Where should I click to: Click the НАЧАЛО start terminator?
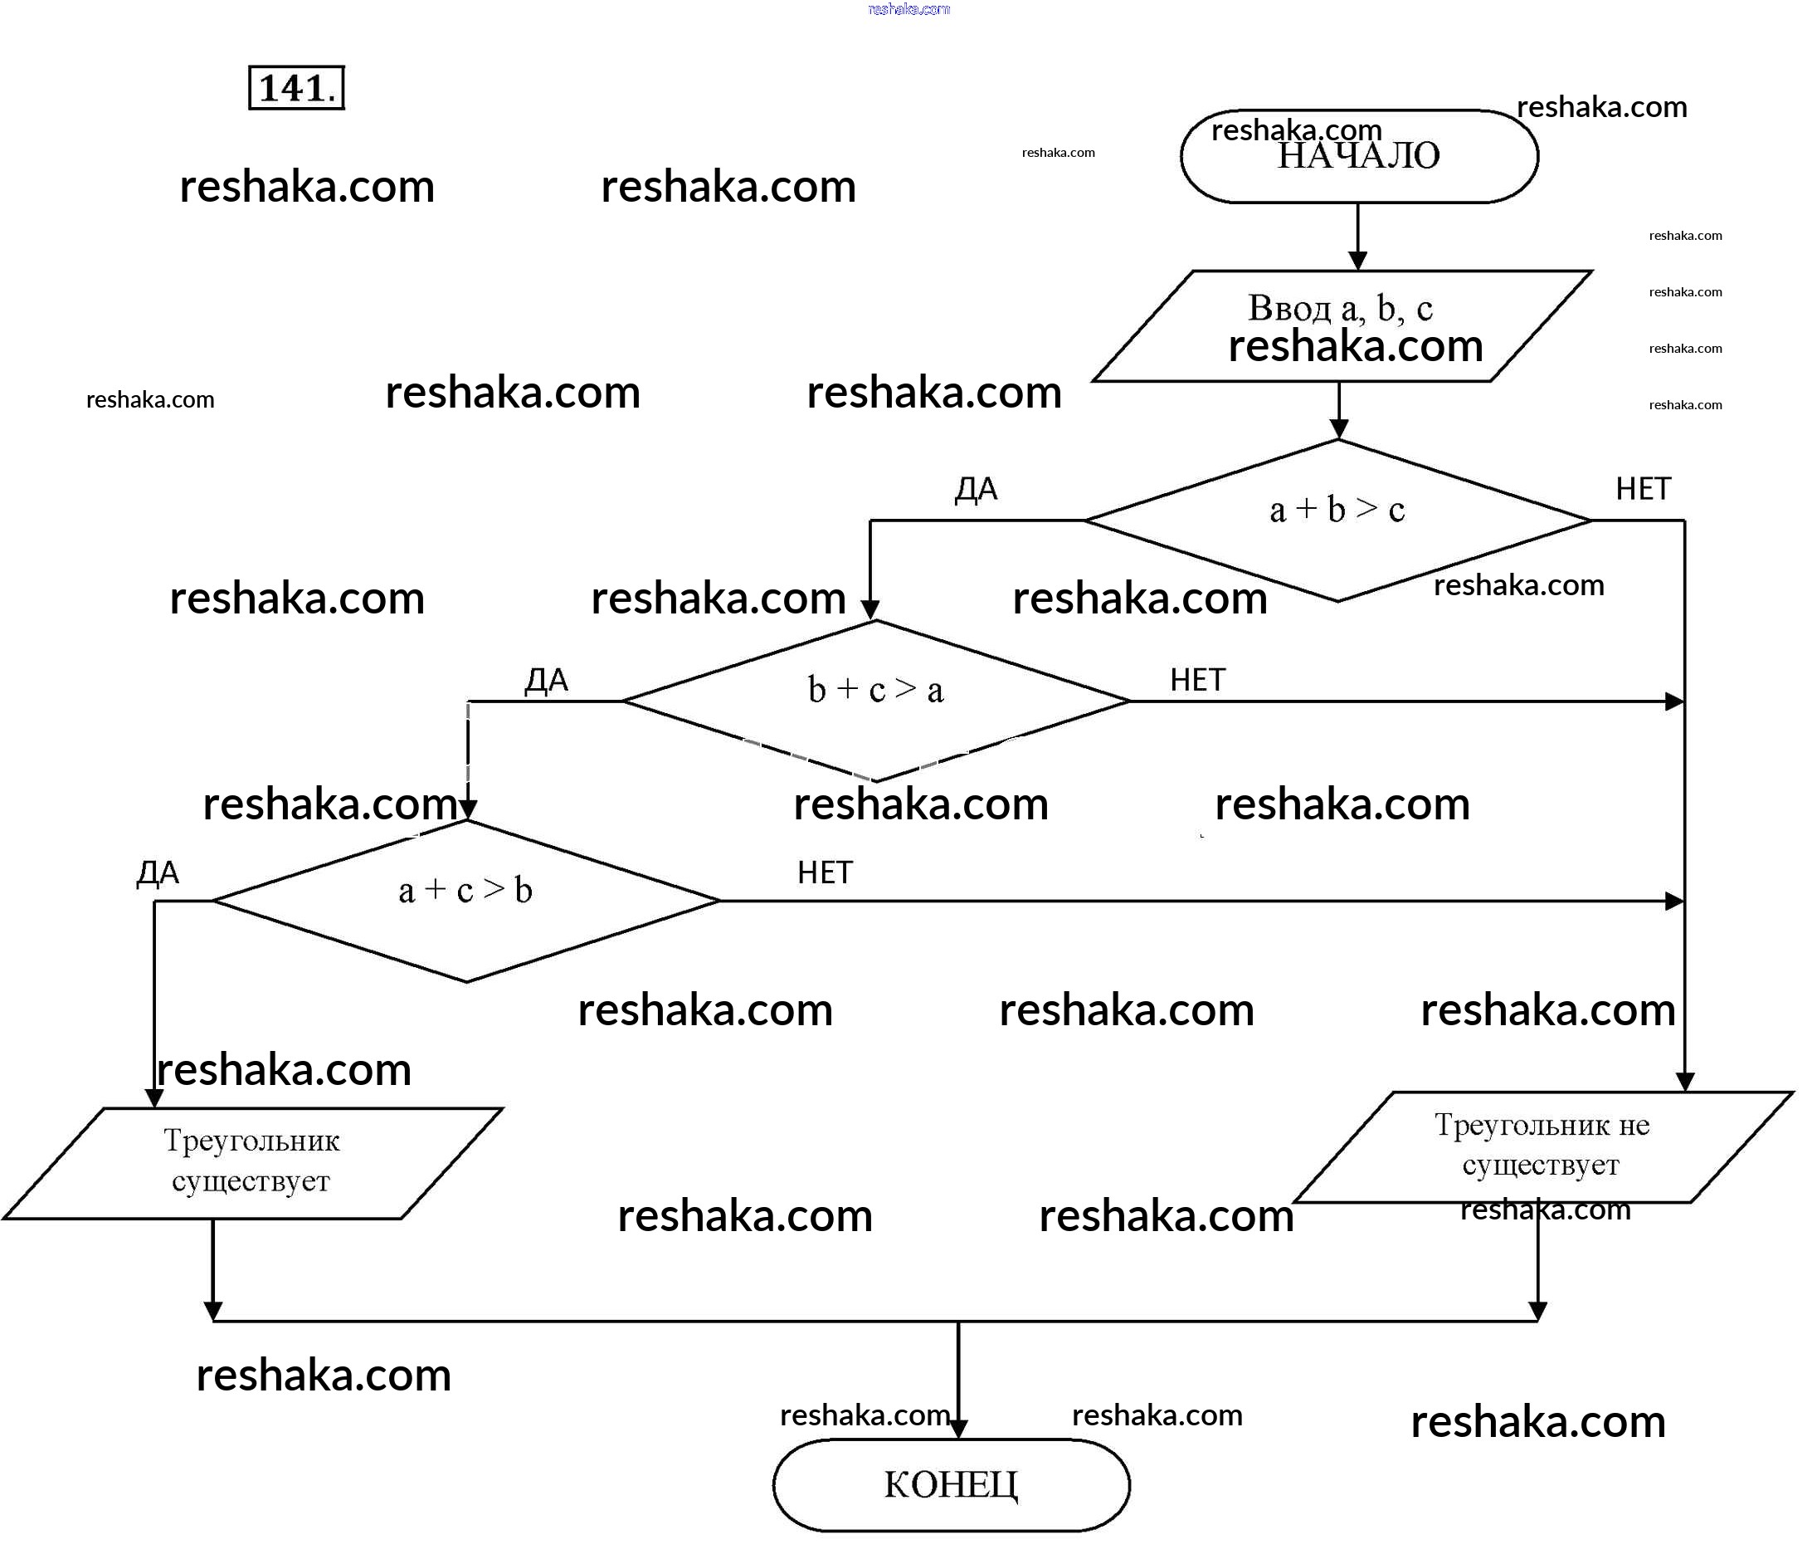[x=1358, y=156]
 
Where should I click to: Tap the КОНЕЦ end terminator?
[x=951, y=1484]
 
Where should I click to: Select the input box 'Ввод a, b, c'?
[x=1341, y=325]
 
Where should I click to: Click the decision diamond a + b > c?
[x=1337, y=520]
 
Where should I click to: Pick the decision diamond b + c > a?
[x=875, y=700]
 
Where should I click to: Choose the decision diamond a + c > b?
[x=465, y=900]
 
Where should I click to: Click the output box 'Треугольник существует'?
[x=251, y=1162]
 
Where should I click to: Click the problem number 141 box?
[x=296, y=88]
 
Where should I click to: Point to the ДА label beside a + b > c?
[x=976, y=489]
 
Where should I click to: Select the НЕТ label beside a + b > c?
[x=1643, y=489]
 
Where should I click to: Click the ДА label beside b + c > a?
[x=546, y=680]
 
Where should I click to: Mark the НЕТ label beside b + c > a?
[x=1197, y=680]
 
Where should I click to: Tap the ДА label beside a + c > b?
[x=158, y=873]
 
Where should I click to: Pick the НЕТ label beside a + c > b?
[x=825, y=873]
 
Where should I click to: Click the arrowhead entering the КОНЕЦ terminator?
[x=958, y=1430]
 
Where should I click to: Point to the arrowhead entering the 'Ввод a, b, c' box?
[x=1357, y=261]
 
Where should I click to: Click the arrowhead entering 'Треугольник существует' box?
[x=154, y=1098]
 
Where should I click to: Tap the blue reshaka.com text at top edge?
[x=908, y=9]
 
